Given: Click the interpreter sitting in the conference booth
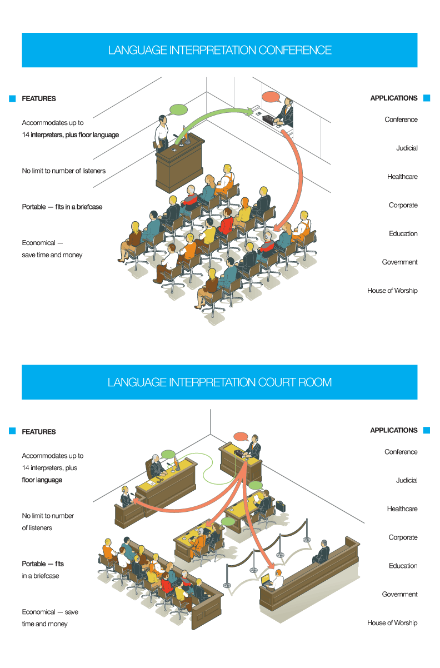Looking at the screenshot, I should click(x=287, y=113).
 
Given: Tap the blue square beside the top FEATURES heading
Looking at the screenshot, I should click(x=12, y=99).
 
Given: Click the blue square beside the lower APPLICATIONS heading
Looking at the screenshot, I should click(x=427, y=430).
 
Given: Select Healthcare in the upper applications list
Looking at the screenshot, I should click(x=402, y=177).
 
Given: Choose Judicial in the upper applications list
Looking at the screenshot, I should click(x=407, y=148).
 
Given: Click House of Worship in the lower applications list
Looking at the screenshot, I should click(x=392, y=623).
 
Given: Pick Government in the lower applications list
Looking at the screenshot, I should click(x=399, y=595).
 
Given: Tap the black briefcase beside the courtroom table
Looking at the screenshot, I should click(x=281, y=506).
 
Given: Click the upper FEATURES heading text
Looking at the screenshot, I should click(x=39, y=99).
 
